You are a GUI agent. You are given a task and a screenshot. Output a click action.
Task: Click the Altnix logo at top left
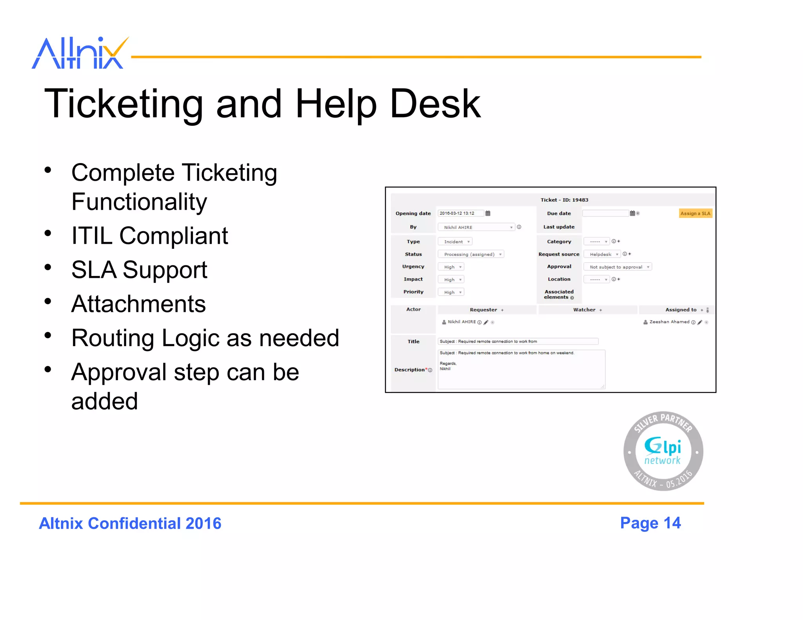coord(80,53)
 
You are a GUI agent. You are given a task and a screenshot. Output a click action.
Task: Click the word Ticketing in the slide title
coord(124,103)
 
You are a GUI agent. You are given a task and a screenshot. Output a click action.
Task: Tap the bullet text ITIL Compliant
coord(149,236)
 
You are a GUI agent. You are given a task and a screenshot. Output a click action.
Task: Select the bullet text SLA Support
coord(139,270)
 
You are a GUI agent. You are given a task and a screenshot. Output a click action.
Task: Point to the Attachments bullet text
coord(138,304)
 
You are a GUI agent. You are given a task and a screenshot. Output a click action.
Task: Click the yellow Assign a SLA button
coord(695,214)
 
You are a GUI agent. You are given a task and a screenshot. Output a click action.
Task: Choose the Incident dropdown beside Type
coord(455,242)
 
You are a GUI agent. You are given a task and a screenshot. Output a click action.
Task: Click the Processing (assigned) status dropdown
coord(471,254)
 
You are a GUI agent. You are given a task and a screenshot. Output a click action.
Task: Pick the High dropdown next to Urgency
coord(451,267)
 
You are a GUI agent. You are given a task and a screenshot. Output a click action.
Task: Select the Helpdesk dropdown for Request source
coord(602,254)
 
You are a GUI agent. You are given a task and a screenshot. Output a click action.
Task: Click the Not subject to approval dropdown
coord(618,267)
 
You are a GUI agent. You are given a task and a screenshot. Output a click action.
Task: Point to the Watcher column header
coord(584,310)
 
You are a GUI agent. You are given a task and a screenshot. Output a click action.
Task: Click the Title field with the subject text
coord(518,342)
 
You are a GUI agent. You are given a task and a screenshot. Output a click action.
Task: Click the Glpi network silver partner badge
coord(663,451)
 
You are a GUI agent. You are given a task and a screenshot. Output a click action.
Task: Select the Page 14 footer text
coord(650,523)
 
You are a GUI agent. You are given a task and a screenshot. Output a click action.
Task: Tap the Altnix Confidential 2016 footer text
coord(130,524)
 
